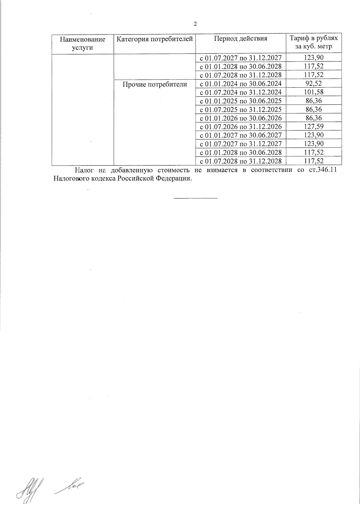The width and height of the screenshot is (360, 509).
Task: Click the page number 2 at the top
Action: pyautogui.click(x=195, y=24)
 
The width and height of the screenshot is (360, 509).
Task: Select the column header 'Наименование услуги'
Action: pyautogui.click(x=83, y=43)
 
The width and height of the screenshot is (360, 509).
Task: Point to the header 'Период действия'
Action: pyautogui.click(x=241, y=38)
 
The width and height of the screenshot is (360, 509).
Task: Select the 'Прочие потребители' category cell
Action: pyautogui.click(x=155, y=84)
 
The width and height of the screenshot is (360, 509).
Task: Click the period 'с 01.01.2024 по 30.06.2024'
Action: pyautogui.click(x=241, y=83)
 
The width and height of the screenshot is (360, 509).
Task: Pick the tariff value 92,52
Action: pyautogui.click(x=313, y=83)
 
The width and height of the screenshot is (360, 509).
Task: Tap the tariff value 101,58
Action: pyautogui.click(x=313, y=92)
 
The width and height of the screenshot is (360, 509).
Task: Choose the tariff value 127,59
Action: pyautogui.click(x=313, y=126)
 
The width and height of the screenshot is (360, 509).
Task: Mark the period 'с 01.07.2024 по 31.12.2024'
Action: pyautogui.click(x=241, y=92)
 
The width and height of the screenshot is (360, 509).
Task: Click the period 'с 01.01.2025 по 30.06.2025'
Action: pyautogui.click(x=241, y=100)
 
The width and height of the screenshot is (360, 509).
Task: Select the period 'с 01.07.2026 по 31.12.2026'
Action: pyautogui.click(x=241, y=126)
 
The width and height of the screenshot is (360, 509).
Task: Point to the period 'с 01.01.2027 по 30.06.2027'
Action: pyautogui.click(x=241, y=135)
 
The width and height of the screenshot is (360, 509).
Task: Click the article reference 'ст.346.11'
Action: pyautogui.click(x=325, y=170)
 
